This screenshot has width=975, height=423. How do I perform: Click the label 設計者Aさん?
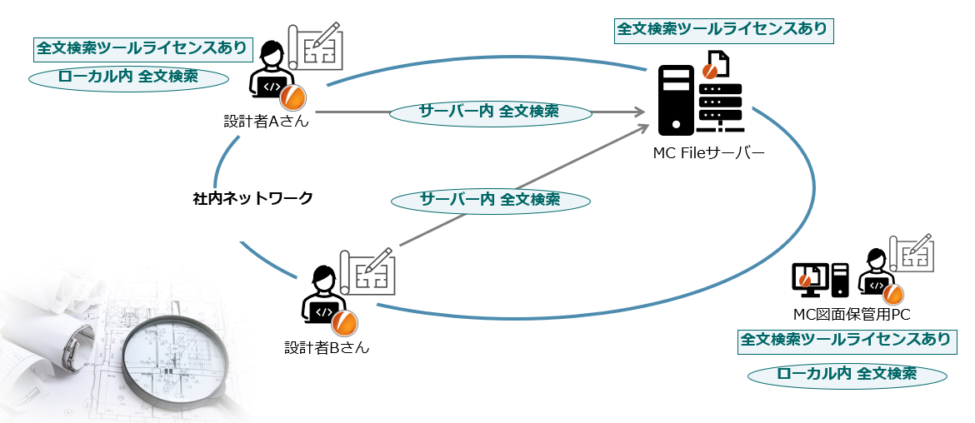(266, 122)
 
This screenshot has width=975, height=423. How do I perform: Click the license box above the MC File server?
(722, 29)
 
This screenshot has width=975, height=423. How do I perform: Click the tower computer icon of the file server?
(675, 100)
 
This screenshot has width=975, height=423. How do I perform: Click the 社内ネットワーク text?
(252, 198)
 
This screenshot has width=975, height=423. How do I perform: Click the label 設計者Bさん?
(326, 347)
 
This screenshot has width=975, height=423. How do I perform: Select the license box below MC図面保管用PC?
(845, 340)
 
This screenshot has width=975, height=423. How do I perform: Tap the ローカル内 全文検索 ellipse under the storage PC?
(847, 374)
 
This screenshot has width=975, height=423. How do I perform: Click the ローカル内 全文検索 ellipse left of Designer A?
(128, 77)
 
